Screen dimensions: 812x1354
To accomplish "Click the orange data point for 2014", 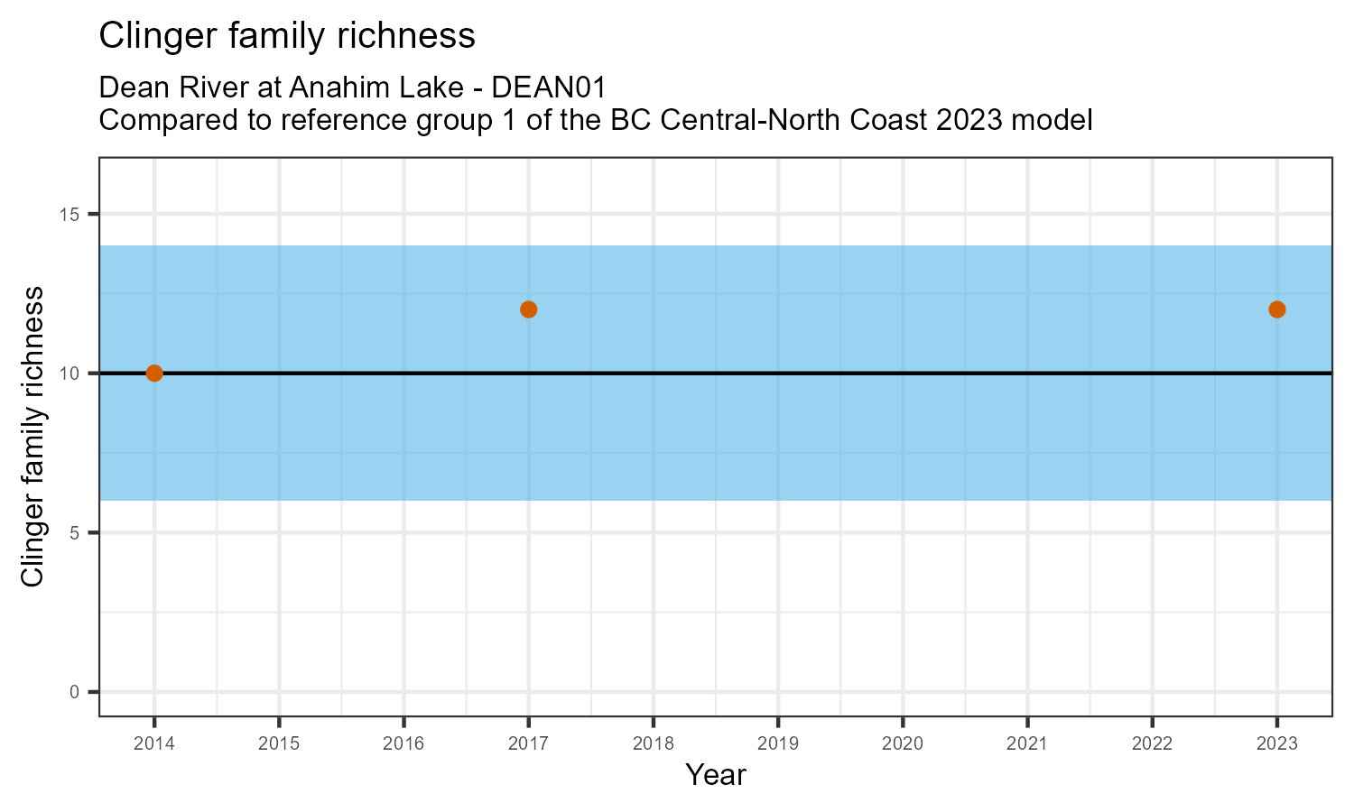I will pyautogui.click(x=154, y=374).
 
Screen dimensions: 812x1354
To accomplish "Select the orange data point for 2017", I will pyautogui.click(x=529, y=309).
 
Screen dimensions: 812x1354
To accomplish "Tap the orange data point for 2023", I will pyautogui.click(x=1276, y=309).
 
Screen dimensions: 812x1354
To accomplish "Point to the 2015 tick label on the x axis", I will pyautogui.click(x=279, y=744).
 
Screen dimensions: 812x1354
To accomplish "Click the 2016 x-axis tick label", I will pyautogui.click(x=403, y=744).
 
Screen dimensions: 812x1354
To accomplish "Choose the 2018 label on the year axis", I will pyautogui.click(x=654, y=744).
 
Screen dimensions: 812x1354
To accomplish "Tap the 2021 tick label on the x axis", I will pyautogui.click(x=1027, y=744).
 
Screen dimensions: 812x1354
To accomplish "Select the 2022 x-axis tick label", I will pyautogui.click(x=1152, y=744).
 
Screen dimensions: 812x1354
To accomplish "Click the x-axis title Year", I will pyautogui.click(x=716, y=775).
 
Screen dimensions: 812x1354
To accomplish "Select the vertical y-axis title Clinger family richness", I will pyautogui.click(x=32, y=437).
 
